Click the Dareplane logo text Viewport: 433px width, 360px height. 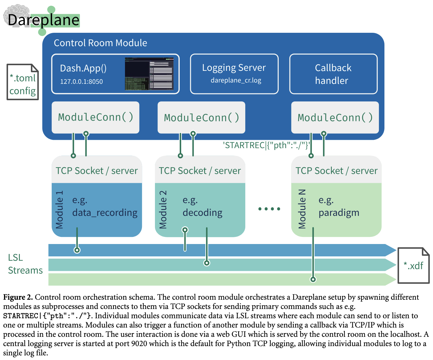click(x=43, y=20)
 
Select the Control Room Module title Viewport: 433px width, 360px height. click(x=100, y=43)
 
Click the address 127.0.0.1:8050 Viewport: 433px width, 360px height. click(x=81, y=82)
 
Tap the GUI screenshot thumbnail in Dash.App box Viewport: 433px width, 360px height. click(x=149, y=74)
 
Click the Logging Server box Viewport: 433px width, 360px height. click(x=234, y=74)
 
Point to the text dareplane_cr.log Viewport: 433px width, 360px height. click(x=236, y=80)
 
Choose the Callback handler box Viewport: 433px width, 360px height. click(x=333, y=74)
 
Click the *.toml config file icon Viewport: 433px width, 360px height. click(x=23, y=82)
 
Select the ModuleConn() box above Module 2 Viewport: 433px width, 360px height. click(x=201, y=118)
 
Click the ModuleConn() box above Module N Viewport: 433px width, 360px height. click(x=335, y=118)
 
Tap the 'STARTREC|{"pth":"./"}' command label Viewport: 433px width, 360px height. click(x=266, y=145)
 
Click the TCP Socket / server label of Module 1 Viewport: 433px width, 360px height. click(x=96, y=171)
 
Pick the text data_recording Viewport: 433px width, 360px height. click(x=105, y=213)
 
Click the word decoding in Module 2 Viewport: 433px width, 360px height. click(x=202, y=213)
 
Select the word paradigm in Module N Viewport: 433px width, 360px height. click(x=339, y=213)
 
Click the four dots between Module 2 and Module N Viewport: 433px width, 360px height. click(x=269, y=209)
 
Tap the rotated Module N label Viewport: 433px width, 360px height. click(x=302, y=209)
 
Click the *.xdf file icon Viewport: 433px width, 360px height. click(x=413, y=265)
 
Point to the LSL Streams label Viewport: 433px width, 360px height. click(x=25, y=264)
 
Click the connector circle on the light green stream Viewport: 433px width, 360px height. click(x=313, y=280)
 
